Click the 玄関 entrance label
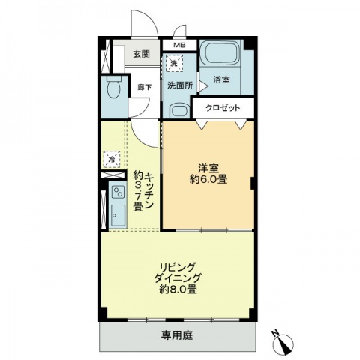141,54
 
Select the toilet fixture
113,90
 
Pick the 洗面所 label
180,85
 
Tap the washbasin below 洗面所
178,110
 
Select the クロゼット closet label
224,108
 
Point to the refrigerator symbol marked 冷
111,159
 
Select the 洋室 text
208,166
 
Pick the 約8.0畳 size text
177,288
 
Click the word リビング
177,265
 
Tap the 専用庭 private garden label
177,335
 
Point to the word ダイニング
177,277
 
